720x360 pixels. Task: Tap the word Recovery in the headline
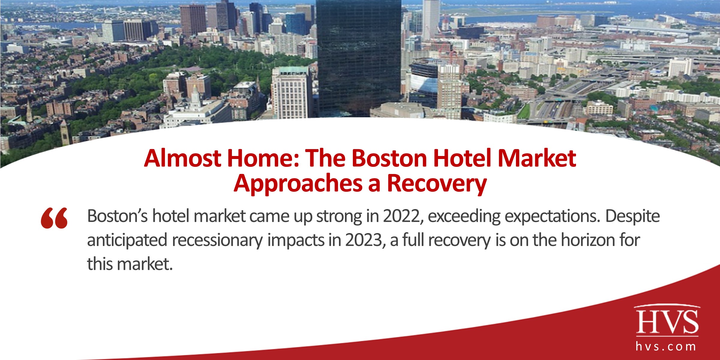pyautogui.click(x=437, y=183)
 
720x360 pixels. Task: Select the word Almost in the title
pyautogui.click(x=182, y=158)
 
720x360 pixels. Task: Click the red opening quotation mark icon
pyautogui.click(x=54, y=218)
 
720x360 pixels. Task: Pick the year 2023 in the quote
pyautogui.click(x=364, y=240)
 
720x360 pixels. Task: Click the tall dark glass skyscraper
pyautogui.click(x=359, y=57)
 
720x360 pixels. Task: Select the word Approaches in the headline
pyautogui.click(x=298, y=184)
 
